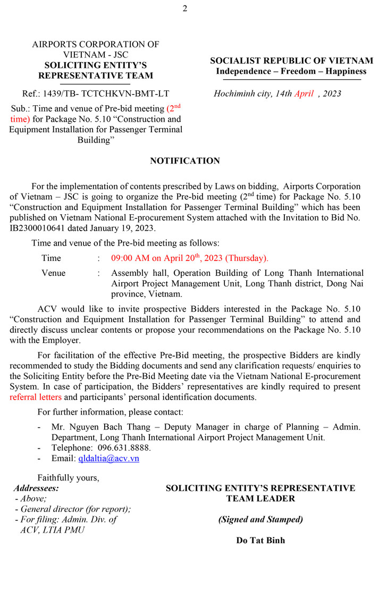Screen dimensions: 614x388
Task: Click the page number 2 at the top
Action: click(185, 8)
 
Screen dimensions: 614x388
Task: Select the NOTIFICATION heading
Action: click(185, 161)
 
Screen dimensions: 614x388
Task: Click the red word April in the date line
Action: click(304, 94)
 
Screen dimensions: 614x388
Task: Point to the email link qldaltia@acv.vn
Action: click(108, 458)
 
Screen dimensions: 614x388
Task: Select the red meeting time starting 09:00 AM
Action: click(189, 258)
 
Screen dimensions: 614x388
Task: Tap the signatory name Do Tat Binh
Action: click(260, 540)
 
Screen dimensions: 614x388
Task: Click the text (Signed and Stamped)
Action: click(260, 519)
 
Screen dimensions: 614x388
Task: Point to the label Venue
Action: click(54, 273)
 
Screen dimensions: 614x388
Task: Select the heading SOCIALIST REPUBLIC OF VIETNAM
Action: click(291, 61)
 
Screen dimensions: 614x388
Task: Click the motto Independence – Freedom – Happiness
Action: click(291, 71)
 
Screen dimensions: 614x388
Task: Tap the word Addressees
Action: click(37, 488)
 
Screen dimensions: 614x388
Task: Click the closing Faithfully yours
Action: click(68, 477)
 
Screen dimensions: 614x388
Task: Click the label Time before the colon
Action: click(52, 258)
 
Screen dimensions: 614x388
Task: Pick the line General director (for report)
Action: click(75, 509)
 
